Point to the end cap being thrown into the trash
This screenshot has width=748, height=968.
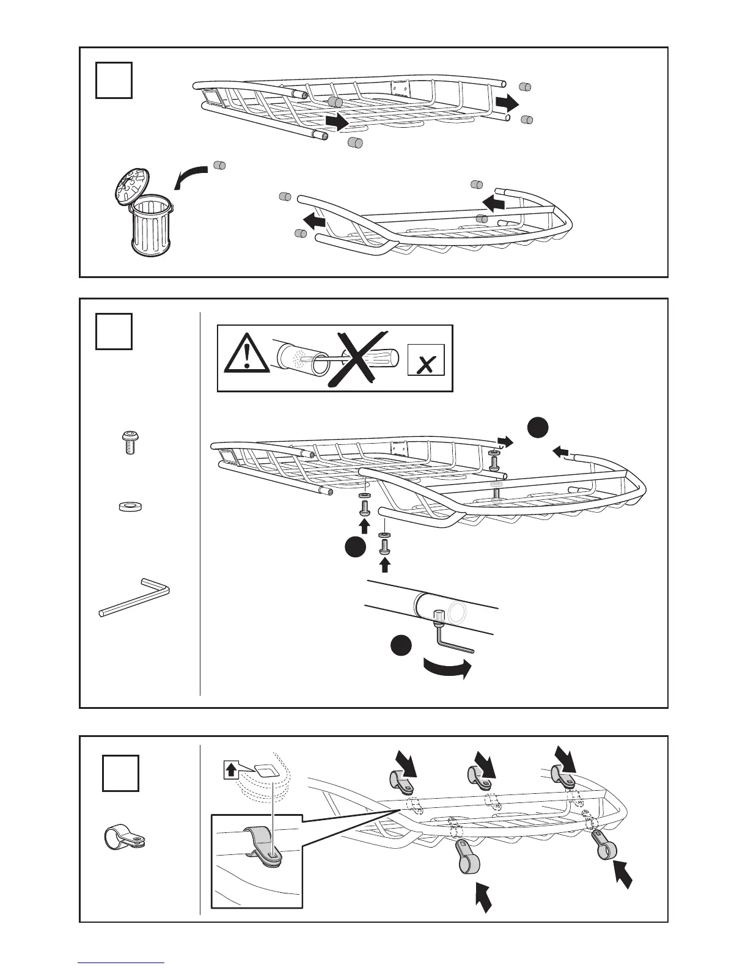(x=219, y=165)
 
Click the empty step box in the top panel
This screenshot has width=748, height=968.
(x=114, y=81)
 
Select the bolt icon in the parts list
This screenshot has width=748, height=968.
(x=129, y=441)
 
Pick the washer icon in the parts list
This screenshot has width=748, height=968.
(x=128, y=506)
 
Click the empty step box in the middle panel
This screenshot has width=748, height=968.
(x=114, y=331)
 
